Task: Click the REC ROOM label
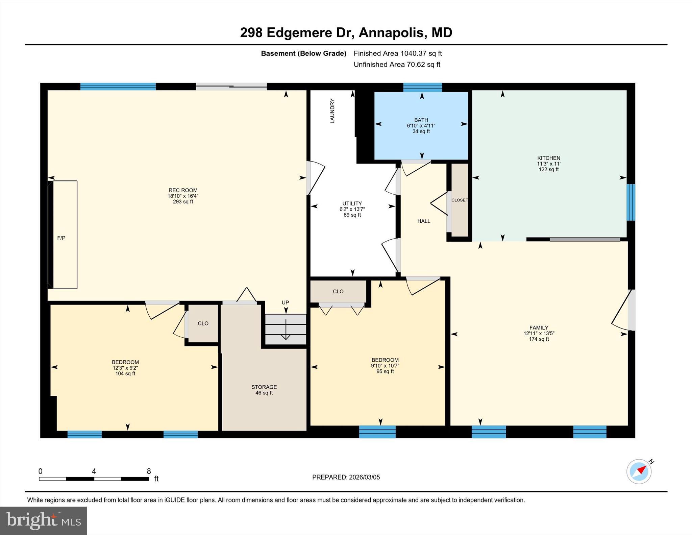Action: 183,190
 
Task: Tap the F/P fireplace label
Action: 61,238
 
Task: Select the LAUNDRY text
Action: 332,111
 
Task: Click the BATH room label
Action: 421,120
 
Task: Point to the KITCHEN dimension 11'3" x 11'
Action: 549,164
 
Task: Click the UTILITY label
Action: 352,203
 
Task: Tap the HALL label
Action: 424,221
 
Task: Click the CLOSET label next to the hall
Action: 460,200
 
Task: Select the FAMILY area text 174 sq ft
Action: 539,339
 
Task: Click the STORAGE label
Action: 264,387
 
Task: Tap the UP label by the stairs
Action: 286,302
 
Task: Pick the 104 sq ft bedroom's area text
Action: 125,373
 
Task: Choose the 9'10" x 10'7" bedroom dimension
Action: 385,366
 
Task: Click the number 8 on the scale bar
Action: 149,471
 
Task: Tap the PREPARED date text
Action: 346,477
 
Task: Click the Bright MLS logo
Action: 43,520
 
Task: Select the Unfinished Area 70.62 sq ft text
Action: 397,65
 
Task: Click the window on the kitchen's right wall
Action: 631,202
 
